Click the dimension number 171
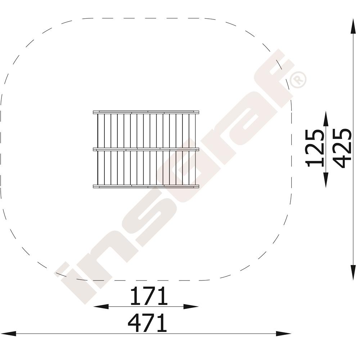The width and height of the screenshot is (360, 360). pos(149,296)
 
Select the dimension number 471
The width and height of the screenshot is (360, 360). pos(147,323)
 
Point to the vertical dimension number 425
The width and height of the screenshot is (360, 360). pos(342,148)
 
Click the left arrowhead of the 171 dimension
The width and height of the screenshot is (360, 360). pos(100,306)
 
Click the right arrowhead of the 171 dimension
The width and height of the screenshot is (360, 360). pos(191,306)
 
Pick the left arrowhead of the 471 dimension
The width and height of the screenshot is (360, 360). pos(8,334)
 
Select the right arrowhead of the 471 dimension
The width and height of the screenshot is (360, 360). pos(283,334)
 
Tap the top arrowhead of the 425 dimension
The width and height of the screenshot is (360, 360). pos(353,26)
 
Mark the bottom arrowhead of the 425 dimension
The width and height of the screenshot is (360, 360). pos(353,272)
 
